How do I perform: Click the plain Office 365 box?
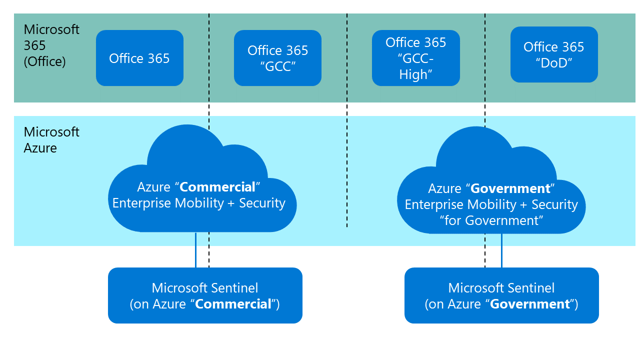[139, 58]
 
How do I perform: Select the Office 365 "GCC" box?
[277, 58]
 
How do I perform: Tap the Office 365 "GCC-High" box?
[415, 58]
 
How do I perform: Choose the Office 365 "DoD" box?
[553, 54]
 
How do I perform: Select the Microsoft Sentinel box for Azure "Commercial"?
[205, 295]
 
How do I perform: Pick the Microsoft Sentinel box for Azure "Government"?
[501, 295]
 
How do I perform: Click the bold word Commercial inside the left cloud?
[217, 187]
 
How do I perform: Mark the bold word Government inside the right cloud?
[510, 189]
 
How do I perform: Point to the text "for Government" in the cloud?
[491, 220]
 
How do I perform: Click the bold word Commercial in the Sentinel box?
[233, 304]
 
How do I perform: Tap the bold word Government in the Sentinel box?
[530, 304]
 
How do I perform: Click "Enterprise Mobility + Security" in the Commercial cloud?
[199, 203]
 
